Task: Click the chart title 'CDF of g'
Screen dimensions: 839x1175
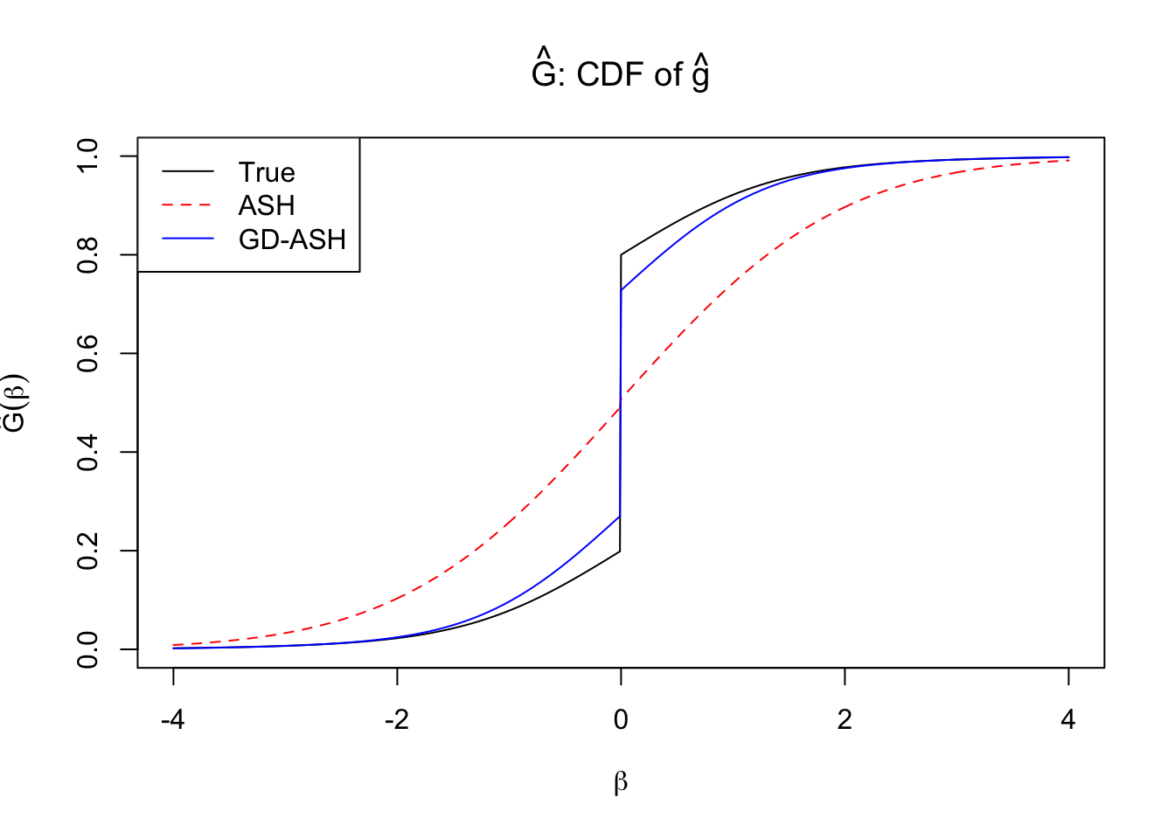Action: point(621,73)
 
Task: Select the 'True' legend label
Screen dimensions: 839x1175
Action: point(267,172)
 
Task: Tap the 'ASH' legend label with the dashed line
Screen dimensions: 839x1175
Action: point(267,205)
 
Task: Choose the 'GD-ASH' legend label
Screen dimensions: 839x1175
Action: point(292,239)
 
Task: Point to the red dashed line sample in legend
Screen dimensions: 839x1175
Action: point(187,205)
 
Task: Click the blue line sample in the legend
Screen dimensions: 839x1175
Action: point(187,239)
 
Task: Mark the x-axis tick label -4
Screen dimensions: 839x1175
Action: point(173,720)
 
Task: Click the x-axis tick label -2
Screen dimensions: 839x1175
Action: point(397,720)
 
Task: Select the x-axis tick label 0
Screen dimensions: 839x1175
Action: point(621,720)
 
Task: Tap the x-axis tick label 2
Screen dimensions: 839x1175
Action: point(845,720)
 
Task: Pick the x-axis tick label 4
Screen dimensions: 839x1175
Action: point(1068,720)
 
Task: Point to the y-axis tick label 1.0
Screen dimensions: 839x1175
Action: point(88,156)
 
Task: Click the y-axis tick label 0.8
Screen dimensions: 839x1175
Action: point(88,255)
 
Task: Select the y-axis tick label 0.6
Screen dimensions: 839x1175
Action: point(88,354)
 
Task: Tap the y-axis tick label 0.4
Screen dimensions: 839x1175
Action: point(88,453)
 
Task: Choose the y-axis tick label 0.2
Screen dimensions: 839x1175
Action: point(88,551)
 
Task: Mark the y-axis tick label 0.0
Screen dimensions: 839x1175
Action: point(88,650)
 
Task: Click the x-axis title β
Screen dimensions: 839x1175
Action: point(621,782)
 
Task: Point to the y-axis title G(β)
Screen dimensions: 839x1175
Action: point(16,403)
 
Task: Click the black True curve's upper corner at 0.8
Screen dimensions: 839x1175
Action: point(621,255)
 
